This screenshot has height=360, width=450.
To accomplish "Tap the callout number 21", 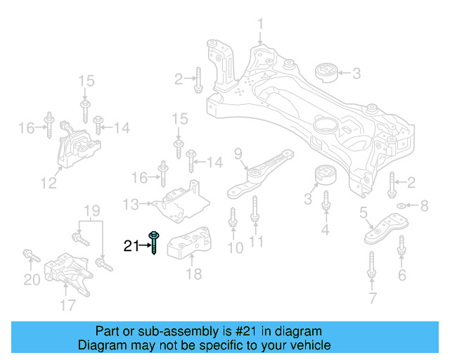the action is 131,245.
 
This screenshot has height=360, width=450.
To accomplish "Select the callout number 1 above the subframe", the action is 260,27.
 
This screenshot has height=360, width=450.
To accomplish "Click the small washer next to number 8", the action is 401,205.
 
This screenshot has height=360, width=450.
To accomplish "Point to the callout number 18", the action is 194,274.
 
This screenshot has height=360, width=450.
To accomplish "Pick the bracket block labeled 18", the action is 189,243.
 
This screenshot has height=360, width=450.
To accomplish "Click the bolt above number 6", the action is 401,247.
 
